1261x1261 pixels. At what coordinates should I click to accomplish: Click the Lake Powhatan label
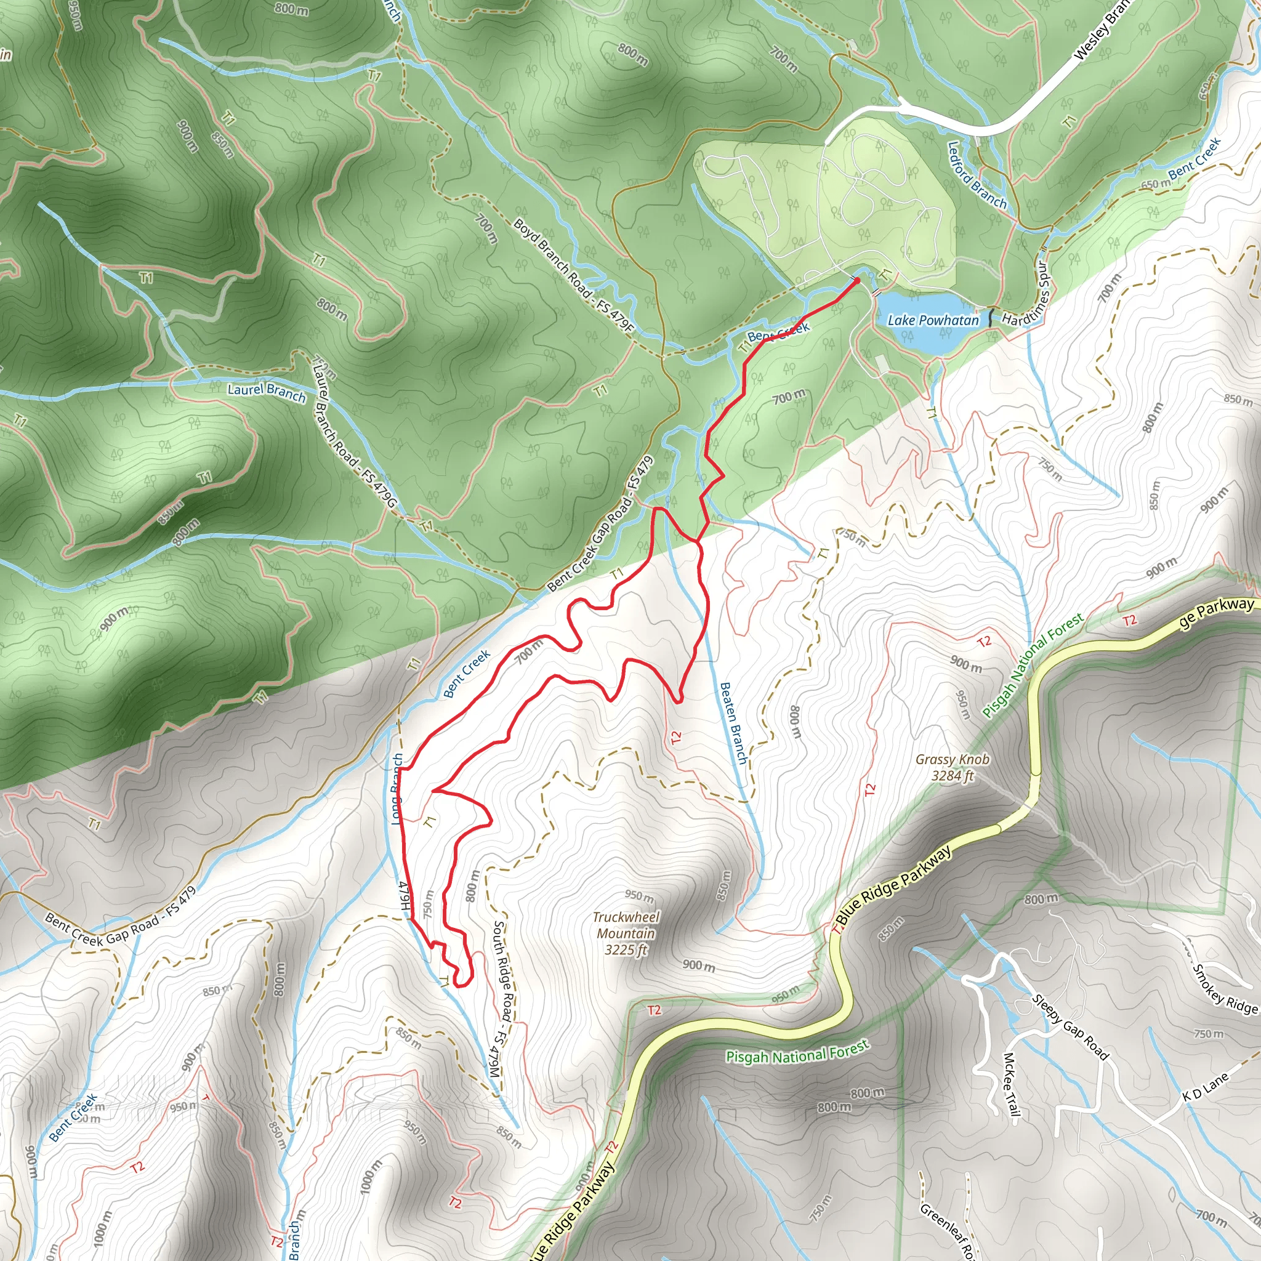pyautogui.click(x=933, y=320)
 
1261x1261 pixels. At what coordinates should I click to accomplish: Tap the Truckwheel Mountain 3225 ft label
pyautogui.click(x=626, y=933)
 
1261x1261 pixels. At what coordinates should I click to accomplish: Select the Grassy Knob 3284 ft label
pyautogui.click(x=953, y=768)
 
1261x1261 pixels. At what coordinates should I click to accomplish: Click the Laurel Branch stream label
pyautogui.click(x=266, y=392)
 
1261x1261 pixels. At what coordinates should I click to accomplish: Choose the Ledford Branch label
pyautogui.click(x=977, y=175)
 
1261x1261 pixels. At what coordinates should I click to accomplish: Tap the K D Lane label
pyautogui.click(x=1205, y=1087)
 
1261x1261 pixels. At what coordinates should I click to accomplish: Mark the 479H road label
pyautogui.click(x=405, y=896)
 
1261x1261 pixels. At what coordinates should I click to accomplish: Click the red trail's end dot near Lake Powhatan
pyautogui.click(x=857, y=281)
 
